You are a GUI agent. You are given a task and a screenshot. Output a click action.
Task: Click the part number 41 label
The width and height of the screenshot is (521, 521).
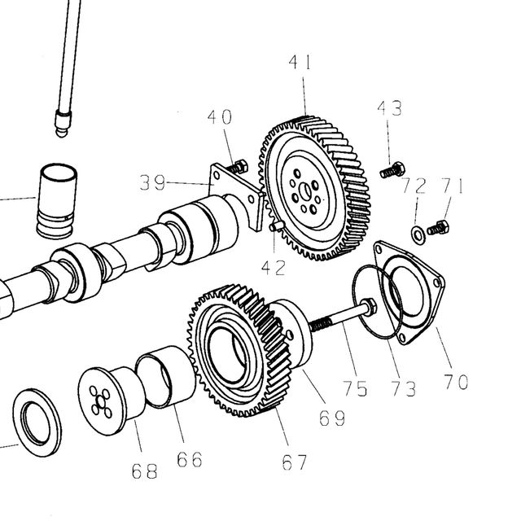(x=300, y=63)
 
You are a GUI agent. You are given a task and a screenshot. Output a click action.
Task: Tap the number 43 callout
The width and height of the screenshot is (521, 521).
(x=390, y=108)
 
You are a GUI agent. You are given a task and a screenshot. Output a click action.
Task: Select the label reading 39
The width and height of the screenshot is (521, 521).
(x=152, y=182)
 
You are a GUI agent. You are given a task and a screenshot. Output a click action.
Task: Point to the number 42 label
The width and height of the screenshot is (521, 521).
(x=274, y=268)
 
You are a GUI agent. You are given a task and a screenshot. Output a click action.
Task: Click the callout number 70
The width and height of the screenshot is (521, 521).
(x=456, y=382)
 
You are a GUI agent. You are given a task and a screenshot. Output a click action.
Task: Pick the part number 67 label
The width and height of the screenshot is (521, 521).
(x=295, y=462)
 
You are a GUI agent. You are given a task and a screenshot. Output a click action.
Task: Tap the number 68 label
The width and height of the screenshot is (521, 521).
(x=145, y=471)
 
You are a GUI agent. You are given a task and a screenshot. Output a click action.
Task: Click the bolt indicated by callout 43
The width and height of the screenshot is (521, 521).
(x=392, y=170)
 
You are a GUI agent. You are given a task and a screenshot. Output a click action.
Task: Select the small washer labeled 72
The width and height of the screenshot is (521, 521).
(x=418, y=235)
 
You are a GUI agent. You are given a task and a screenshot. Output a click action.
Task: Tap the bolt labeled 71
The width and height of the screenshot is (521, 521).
(x=438, y=228)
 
